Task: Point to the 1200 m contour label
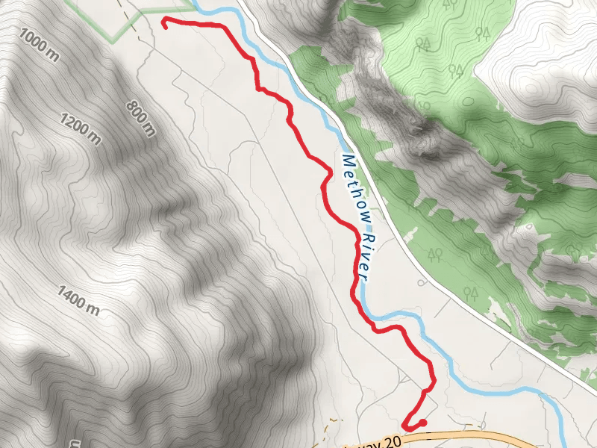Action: (x=80, y=128)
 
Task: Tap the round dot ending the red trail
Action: (x=423, y=423)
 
